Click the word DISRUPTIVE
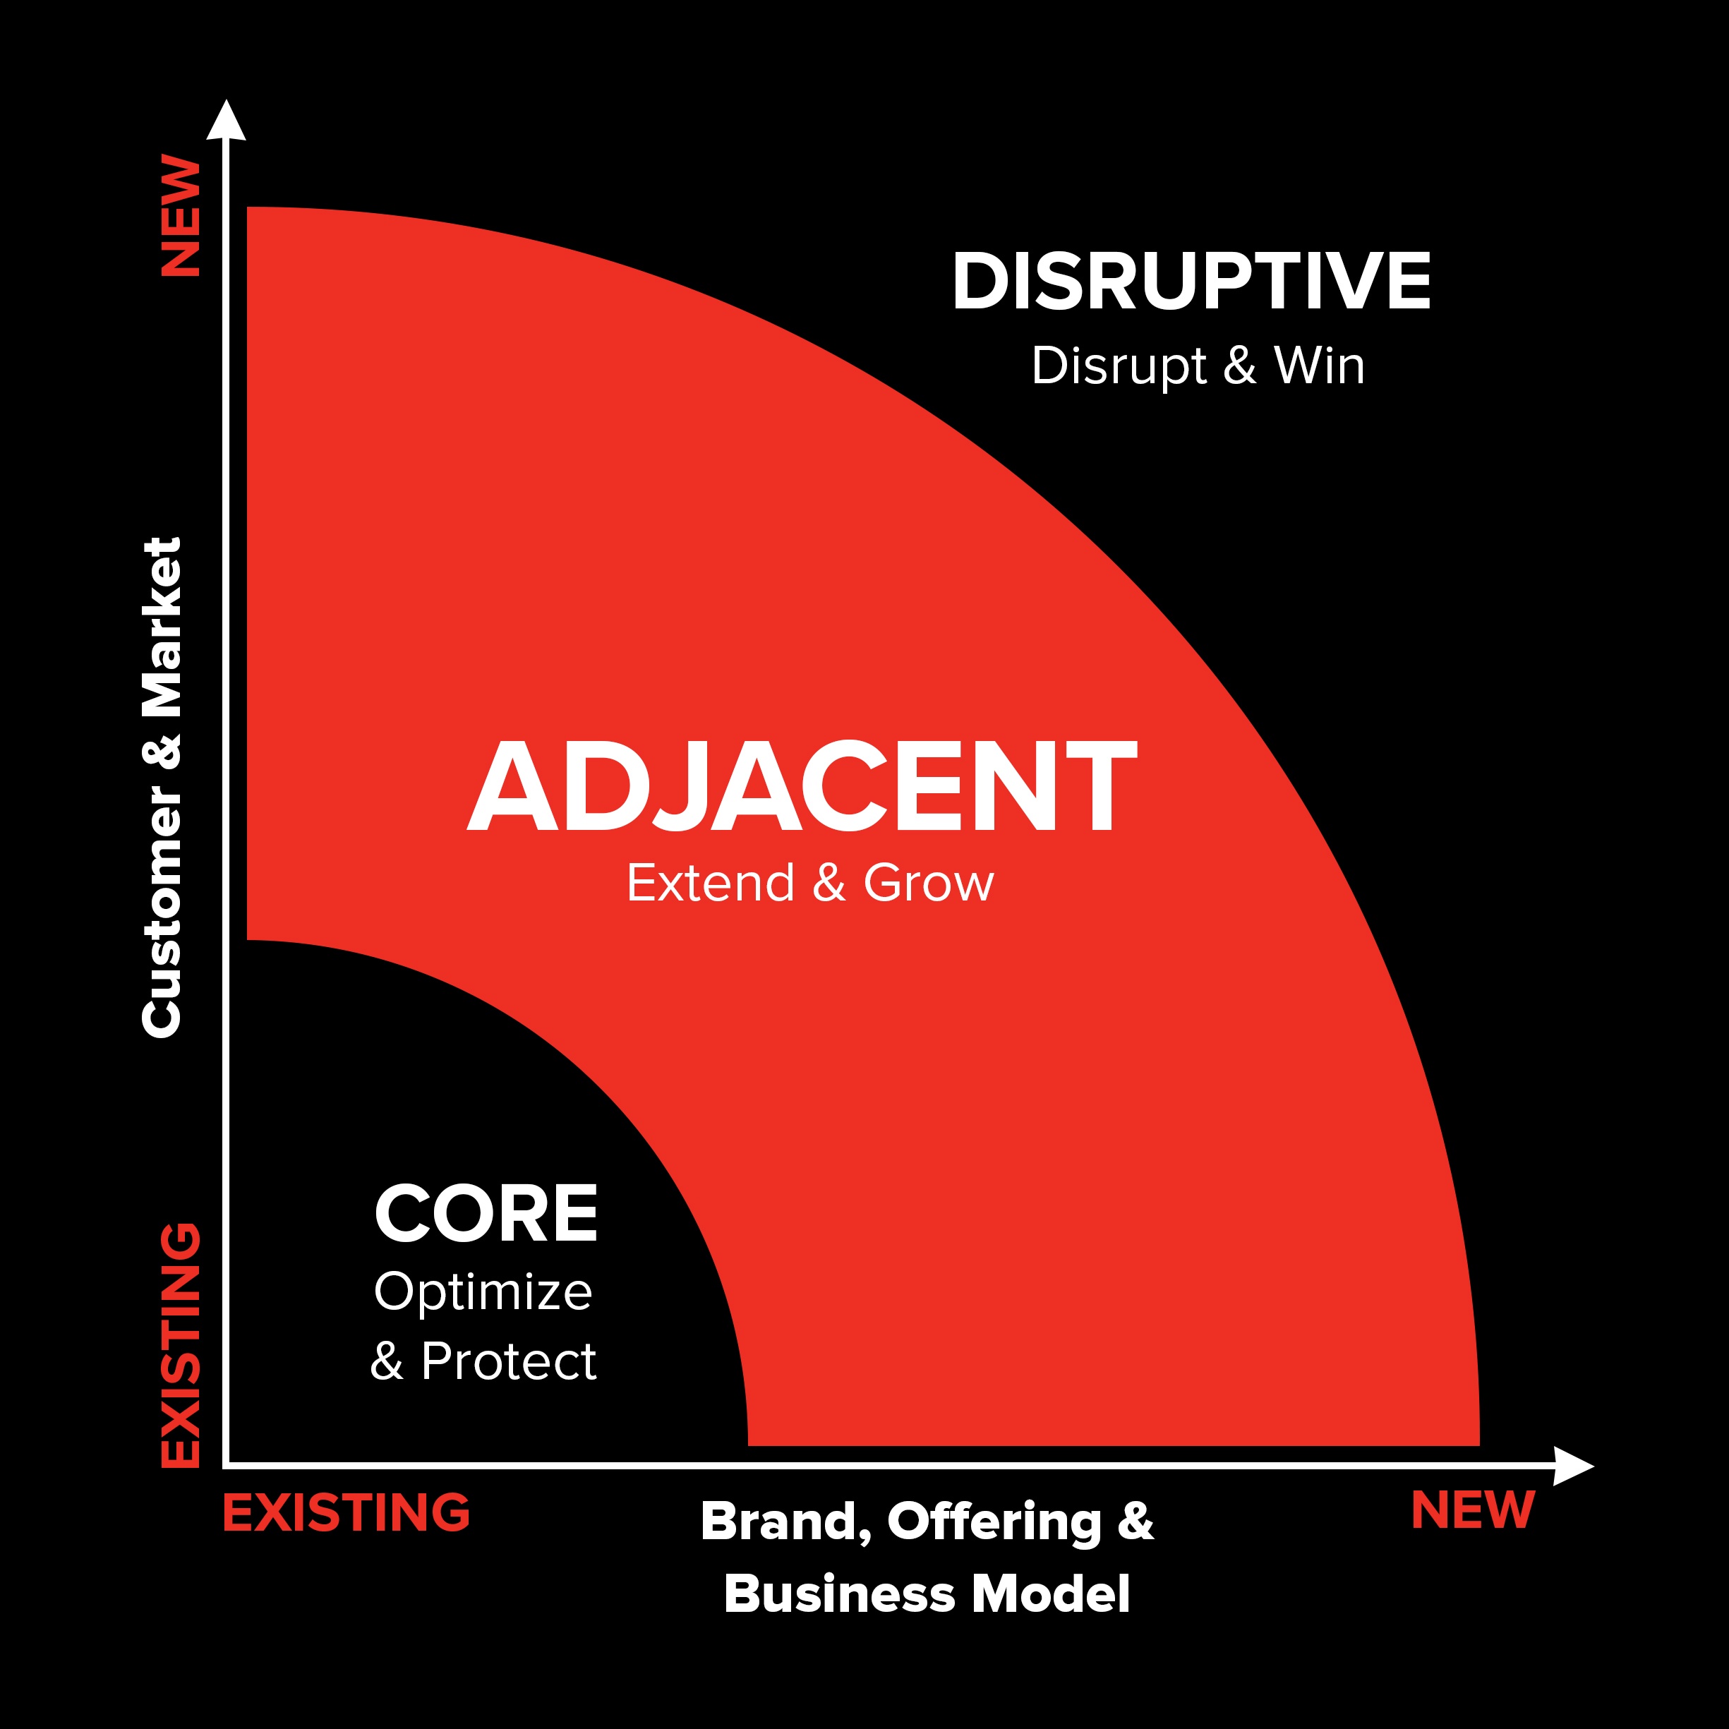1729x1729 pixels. (1191, 281)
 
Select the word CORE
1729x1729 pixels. (486, 1214)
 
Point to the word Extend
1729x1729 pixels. (711, 884)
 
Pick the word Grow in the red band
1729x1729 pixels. (929, 884)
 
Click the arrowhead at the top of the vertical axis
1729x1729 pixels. (227, 120)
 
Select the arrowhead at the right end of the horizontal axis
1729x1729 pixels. (1573, 1466)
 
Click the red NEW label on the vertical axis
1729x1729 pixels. (181, 216)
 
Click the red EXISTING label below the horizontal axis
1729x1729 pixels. (347, 1512)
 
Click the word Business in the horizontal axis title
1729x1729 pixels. (841, 1595)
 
